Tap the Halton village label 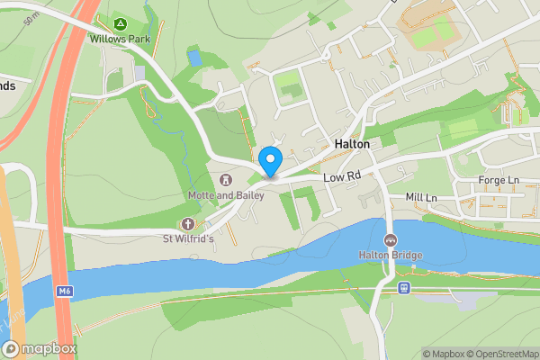point(352,144)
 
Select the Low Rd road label point(342,175)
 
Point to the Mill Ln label point(420,197)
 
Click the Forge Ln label point(501,180)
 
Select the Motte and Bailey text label point(224,194)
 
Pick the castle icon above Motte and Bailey point(224,179)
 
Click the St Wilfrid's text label point(188,238)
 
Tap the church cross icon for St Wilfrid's point(188,223)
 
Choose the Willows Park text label point(119,39)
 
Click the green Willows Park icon point(120,22)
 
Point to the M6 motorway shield point(63,292)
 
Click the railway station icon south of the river point(404,288)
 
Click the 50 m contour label point(33,18)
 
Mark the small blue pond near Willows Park point(194,58)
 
